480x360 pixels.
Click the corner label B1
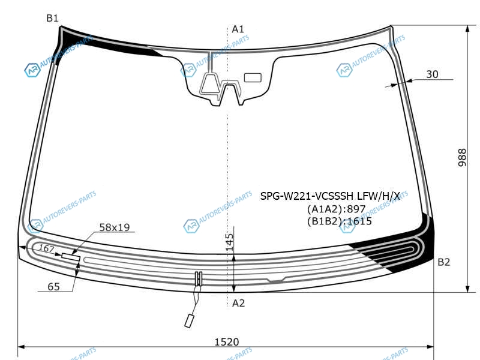point(52,19)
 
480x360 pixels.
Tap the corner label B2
point(443,262)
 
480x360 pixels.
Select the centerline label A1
point(238,29)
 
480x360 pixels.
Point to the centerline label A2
point(238,303)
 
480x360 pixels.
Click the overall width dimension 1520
point(227,341)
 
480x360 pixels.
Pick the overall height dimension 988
point(462,158)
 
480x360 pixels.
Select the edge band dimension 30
point(432,74)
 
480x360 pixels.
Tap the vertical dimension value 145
point(230,242)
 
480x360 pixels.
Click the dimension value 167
point(46,248)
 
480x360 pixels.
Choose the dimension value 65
point(53,287)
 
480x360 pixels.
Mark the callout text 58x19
point(115,227)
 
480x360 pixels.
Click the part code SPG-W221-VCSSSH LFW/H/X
point(330,196)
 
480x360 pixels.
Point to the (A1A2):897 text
point(336,209)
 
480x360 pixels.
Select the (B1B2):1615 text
point(339,221)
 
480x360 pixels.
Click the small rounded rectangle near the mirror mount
point(253,78)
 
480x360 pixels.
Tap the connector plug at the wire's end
point(190,321)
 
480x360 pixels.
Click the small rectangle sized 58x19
point(71,257)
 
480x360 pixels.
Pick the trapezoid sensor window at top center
point(209,83)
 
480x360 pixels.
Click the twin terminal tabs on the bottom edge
point(199,278)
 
